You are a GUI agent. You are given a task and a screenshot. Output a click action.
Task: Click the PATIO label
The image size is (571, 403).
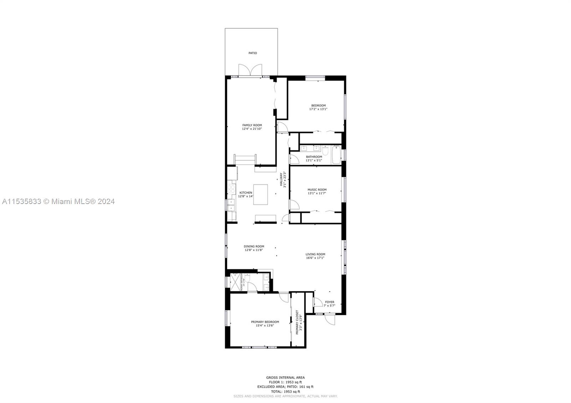coord(253,53)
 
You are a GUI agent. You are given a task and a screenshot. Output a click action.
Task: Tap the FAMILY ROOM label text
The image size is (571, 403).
coord(252,125)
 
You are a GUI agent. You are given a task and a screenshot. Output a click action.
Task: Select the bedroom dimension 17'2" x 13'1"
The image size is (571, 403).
coord(318,109)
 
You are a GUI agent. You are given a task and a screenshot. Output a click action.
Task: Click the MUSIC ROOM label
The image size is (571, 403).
coord(317,190)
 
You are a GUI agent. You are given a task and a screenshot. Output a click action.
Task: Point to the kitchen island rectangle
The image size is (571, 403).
coord(261,194)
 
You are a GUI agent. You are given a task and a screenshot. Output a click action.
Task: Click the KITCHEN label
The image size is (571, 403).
coord(246,193)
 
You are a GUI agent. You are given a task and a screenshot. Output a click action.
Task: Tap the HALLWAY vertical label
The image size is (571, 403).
coord(281,180)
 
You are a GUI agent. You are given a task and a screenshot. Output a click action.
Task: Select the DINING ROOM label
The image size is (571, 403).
coord(254,246)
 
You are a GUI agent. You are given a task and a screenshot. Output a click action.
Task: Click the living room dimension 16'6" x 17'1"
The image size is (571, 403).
coord(315,258)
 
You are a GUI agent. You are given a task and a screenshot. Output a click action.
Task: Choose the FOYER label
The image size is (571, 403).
coord(329,302)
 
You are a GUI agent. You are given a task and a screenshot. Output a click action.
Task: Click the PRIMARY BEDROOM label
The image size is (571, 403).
coord(265,322)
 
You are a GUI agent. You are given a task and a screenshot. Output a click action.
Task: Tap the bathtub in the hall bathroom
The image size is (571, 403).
coord(336,155)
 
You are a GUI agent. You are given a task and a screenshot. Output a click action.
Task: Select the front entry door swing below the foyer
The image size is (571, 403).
coord(330,319)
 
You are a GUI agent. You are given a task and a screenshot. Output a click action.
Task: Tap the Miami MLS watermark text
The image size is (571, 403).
coord(59,201)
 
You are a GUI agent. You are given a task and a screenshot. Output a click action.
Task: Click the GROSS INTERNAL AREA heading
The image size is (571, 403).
coord(285,377)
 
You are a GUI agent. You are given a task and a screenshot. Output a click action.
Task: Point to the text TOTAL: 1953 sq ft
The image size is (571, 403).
coord(285,391)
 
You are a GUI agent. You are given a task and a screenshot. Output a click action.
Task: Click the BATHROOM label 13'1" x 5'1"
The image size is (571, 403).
coord(314,157)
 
